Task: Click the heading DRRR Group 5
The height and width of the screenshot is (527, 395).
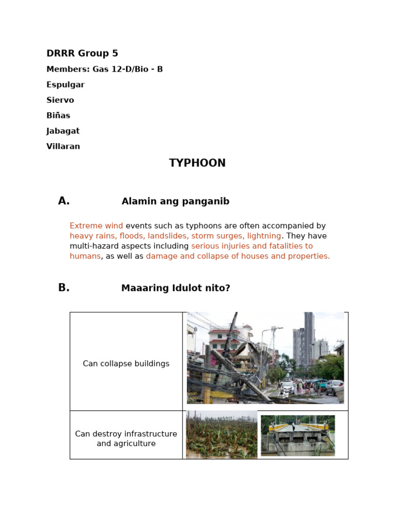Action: click(82, 54)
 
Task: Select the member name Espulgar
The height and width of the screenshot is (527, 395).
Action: click(65, 84)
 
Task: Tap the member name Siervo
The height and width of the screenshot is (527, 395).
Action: click(60, 100)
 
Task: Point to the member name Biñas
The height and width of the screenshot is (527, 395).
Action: click(58, 115)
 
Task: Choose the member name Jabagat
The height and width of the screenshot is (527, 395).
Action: click(63, 131)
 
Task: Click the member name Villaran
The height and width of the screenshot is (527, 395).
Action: click(63, 146)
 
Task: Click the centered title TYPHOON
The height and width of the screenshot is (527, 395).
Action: click(197, 163)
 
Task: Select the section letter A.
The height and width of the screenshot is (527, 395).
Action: click(64, 201)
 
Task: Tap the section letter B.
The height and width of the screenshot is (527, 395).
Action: click(64, 288)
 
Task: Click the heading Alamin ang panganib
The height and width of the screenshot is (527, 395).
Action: click(175, 202)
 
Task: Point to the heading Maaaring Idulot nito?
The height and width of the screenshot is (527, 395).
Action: click(175, 288)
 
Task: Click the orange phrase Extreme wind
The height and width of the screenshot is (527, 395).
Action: click(96, 225)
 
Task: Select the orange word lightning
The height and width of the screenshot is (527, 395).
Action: click(263, 236)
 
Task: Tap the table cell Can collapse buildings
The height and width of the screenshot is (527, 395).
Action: click(126, 364)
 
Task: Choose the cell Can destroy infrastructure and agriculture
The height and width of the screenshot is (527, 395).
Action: click(126, 438)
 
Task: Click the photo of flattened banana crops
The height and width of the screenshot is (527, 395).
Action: click(221, 435)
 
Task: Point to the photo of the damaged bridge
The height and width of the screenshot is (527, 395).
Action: click(297, 435)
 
